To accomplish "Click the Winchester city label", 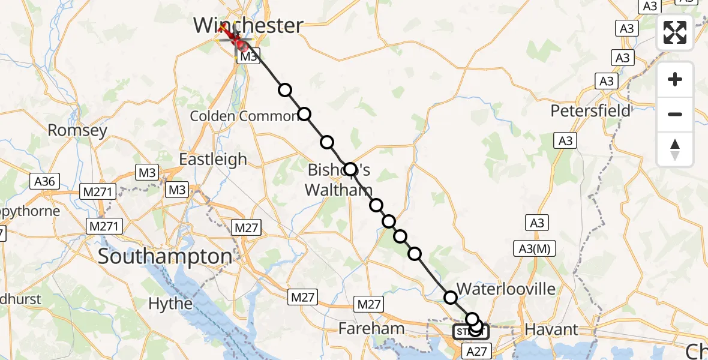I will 248,25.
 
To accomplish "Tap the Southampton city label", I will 164,257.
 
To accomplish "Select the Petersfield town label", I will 590,111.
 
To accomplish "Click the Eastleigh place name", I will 213,159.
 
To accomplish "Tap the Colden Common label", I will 244,116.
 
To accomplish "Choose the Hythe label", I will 170,304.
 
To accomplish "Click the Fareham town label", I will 371,328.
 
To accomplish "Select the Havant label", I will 551,329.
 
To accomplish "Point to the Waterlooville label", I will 506,289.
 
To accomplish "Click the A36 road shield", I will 45,181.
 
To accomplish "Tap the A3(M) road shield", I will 535,248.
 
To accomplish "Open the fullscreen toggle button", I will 675,32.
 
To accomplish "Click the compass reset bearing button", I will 675,149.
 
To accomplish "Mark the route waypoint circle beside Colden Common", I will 304,114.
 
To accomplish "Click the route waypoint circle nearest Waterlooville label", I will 450,297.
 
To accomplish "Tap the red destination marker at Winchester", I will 239,43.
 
